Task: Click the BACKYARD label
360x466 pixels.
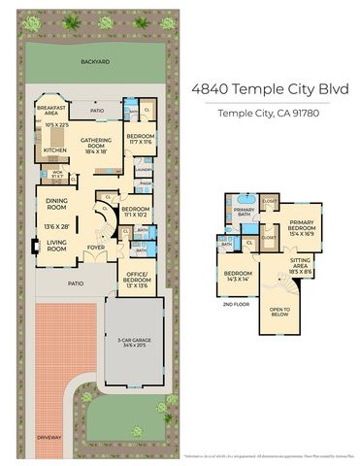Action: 95,61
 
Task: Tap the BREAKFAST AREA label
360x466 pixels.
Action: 50,110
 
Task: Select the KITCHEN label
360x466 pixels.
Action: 54,150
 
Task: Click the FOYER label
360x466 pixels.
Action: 96,247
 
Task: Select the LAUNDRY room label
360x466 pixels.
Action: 144,168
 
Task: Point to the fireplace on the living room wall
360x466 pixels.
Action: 36,246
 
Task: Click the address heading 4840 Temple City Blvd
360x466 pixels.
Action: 269,89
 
